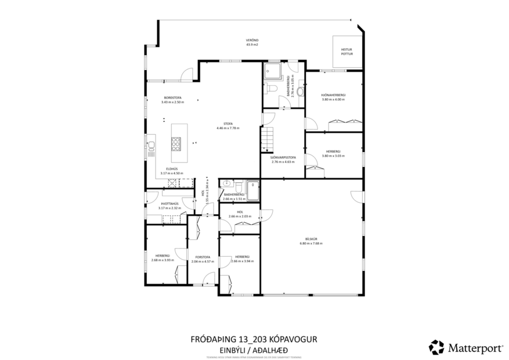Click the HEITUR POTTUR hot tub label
click(x=346, y=52)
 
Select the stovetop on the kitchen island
click(x=175, y=143)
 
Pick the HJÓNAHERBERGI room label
click(x=333, y=95)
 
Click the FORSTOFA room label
click(x=203, y=257)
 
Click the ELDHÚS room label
click(x=172, y=168)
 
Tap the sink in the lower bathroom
click(x=225, y=184)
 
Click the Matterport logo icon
click(x=436, y=347)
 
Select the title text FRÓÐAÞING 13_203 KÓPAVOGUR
click(x=254, y=338)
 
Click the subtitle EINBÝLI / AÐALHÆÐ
click(x=254, y=348)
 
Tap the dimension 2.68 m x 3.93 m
click(x=163, y=260)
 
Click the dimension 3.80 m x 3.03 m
click(x=333, y=156)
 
